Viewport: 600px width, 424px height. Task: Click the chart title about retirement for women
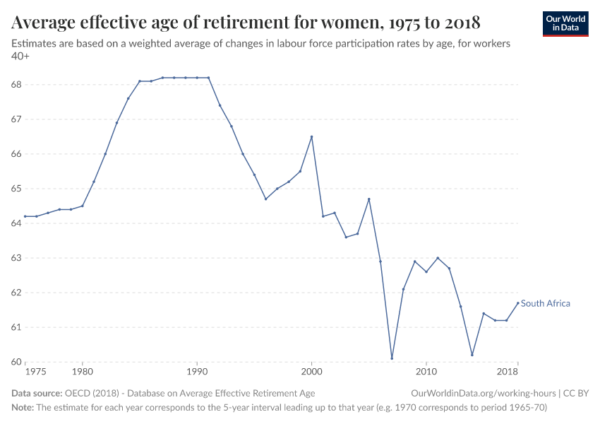click(246, 23)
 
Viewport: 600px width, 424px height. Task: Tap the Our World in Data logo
click(565, 23)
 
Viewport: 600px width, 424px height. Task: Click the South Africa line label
click(545, 304)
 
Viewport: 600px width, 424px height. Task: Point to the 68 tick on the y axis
click(17, 85)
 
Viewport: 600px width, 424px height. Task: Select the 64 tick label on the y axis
click(17, 223)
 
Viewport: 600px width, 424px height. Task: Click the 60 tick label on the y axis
click(17, 362)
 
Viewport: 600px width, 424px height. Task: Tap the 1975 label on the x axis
click(35, 372)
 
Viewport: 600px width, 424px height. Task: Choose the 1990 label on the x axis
click(197, 372)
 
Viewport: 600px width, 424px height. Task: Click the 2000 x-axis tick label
click(311, 372)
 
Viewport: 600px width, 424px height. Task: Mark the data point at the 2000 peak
click(311, 136)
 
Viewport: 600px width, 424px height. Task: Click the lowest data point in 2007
click(392, 358)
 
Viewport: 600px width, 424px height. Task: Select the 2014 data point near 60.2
click(472, 355)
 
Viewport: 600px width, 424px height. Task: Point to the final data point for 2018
click(518, 303)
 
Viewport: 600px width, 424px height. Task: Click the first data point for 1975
click(25, 216)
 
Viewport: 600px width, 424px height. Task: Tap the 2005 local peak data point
click(369, 199)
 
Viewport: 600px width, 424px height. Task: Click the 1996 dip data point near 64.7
click(265, 199)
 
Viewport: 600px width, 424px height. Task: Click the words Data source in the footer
click(37, 393)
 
